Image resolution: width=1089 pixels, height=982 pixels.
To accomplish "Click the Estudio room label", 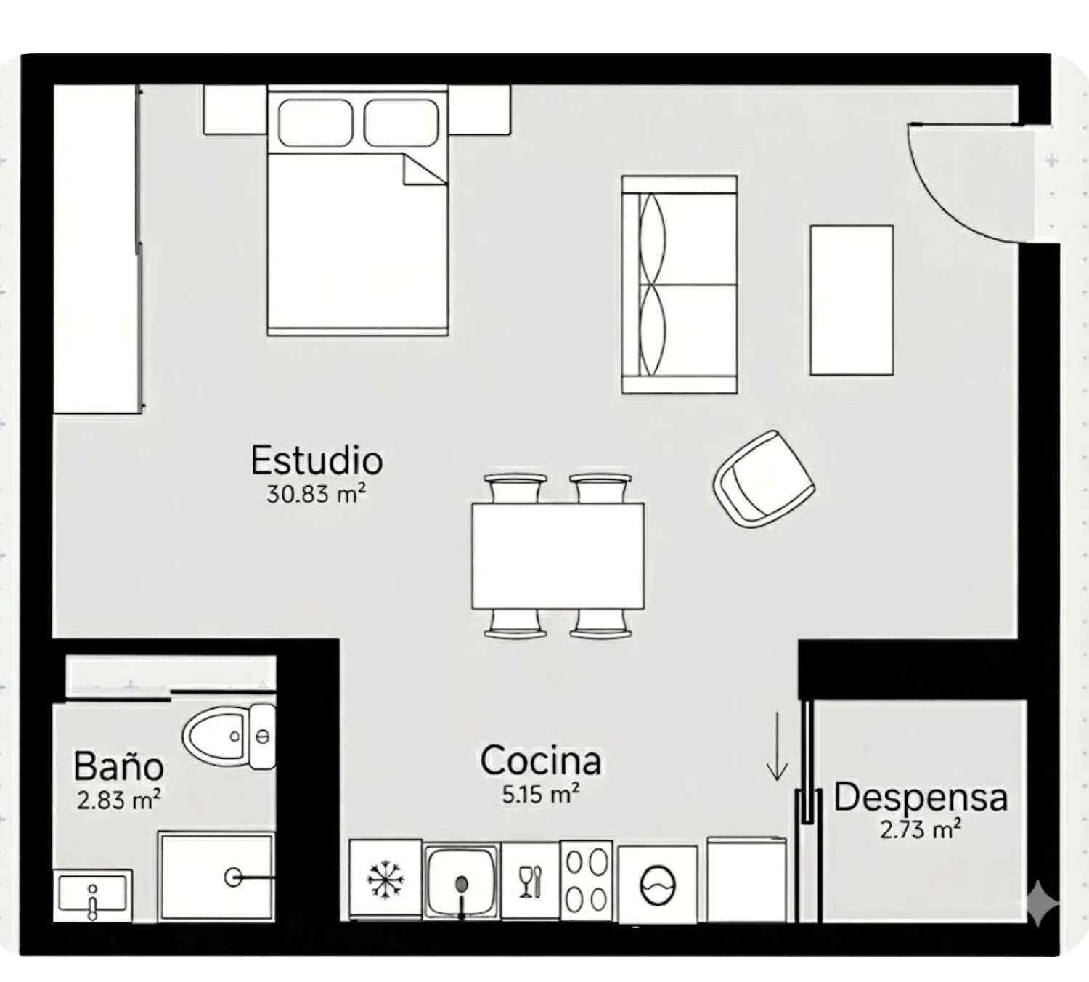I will point(317,460).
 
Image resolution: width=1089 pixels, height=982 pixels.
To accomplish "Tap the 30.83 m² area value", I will point(315,494).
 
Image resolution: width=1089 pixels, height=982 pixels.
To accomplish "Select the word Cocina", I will point(541,760).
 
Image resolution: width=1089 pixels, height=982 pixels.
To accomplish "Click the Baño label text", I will point(118,766).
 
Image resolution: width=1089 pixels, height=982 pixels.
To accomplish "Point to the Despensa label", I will point(921,798).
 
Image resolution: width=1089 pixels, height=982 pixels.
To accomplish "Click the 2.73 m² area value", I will point(921,829).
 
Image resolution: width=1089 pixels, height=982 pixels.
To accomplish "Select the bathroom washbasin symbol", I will point(93,896).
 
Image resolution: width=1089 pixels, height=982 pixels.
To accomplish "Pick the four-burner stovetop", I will point(587,880).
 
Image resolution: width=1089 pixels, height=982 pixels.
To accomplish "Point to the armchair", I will point(764,478).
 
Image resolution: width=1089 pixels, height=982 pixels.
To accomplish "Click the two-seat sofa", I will point(680,285).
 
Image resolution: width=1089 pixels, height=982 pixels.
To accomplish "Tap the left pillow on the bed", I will point(315,122).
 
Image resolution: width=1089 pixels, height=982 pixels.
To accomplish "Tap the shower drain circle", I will point(233,877).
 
